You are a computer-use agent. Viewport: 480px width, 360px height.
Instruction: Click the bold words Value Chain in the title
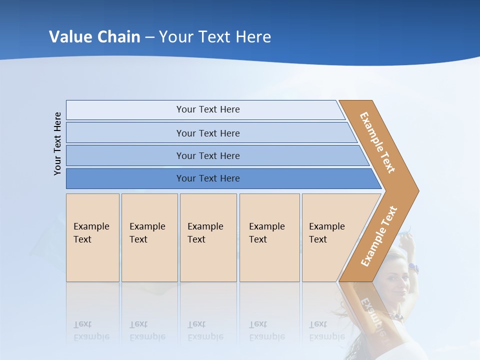(94, 36)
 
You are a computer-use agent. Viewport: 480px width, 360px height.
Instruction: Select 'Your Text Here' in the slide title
(215, 36)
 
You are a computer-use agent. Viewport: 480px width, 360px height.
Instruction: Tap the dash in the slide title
(149, 37)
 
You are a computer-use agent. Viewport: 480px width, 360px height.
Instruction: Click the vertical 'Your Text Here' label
(58, 143)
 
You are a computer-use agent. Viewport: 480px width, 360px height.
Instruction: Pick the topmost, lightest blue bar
(207, 109)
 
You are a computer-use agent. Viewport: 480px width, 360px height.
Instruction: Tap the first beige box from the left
(92, 237)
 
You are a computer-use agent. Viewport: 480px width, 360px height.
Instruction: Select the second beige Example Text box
(149, 237)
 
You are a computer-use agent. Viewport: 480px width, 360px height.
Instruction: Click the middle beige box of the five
(208, 237)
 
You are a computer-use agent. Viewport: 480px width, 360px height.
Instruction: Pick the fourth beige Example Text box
(269, 237)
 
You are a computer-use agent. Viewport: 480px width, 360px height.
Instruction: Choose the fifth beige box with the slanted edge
(330, 237)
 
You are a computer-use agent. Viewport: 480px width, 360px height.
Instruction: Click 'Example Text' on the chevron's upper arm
(377, 142)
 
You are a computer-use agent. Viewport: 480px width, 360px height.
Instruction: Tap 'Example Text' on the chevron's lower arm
(379, 236)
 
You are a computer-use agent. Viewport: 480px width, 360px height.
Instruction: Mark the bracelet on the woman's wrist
(412, 267)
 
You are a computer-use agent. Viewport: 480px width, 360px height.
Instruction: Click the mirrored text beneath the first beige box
(91, 330)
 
